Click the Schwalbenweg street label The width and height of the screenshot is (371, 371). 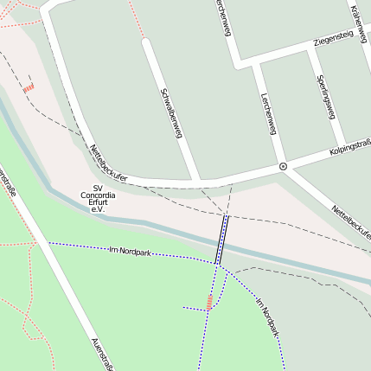[171, 112]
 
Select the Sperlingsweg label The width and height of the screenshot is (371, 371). [326, 96]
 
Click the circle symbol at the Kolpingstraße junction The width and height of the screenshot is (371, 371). [283, 165]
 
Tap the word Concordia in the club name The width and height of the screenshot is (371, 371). [98, 195]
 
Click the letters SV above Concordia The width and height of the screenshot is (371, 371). [98, 188]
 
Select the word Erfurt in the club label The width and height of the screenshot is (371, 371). [98, 203]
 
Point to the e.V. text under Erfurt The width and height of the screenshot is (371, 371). [98, 211]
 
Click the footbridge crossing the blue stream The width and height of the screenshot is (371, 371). [222, 239]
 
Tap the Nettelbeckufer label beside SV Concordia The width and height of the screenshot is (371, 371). [108, 163]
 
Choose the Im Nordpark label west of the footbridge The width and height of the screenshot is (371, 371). [130, 252]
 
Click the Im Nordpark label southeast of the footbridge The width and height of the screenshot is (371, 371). [268, 317]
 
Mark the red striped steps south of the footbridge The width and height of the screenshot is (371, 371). [209, 302]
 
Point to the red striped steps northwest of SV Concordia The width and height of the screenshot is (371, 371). [29, 87]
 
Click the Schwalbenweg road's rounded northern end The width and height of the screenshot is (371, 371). [148, 43]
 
